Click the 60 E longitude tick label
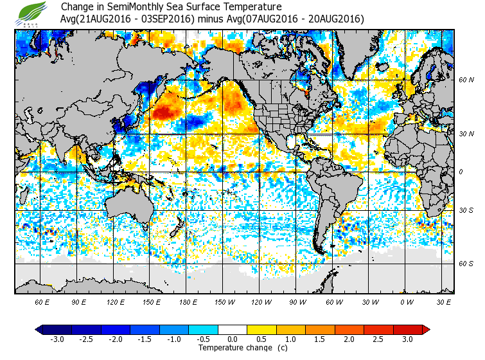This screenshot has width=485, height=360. tap(42, 301)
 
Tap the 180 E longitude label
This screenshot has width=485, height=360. tap(188, 301)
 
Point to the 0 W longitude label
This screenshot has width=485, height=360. tap(406, 301)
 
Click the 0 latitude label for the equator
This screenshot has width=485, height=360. tap(461, 172)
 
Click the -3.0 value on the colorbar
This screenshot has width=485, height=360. tap(57, 339)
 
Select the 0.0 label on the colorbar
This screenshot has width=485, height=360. tap(233, 339)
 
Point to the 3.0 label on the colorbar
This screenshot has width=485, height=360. tap(407, 339)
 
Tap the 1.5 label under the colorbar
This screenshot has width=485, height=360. tap(320, 339)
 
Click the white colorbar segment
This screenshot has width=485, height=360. tap(233, 329)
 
